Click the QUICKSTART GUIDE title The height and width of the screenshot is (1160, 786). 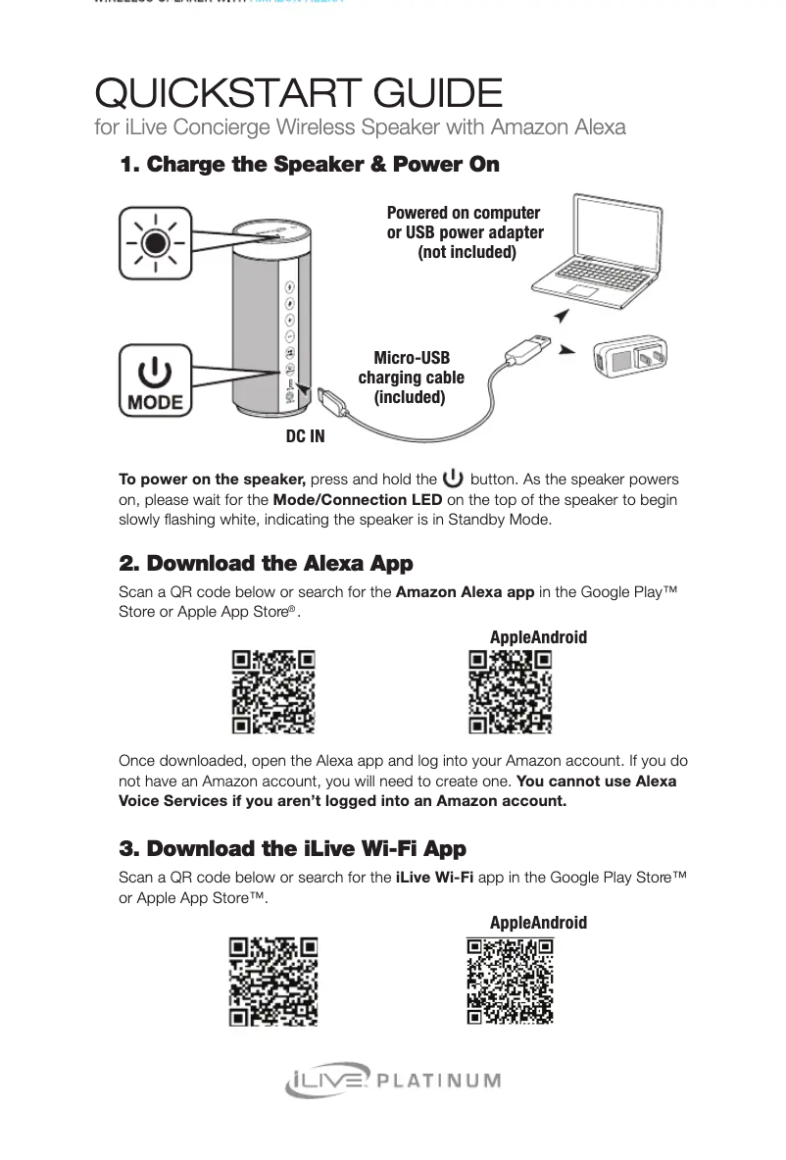(x=298, y=94)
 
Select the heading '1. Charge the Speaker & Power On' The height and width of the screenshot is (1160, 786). (x=309, y=165)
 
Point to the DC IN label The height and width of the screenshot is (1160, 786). (x=305, y=436)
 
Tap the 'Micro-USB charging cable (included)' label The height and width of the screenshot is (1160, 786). (x=411, y=378)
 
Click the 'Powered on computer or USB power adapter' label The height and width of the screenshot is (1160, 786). (x=465, y=232)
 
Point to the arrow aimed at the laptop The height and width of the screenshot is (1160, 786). (x=561, y=314)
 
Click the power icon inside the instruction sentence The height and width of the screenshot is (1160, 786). (x=453, y=479)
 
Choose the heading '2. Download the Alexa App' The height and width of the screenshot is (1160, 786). (x=266, y=564)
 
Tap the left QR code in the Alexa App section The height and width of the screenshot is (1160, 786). (x=273, y=691)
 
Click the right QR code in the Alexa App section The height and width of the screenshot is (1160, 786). (x=510, y=691)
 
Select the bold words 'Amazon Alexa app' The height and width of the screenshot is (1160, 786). (x=465, y=591)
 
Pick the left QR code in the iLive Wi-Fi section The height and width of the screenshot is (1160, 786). (x=273, y=981)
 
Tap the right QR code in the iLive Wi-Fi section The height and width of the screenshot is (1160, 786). (x=510, y=981)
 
